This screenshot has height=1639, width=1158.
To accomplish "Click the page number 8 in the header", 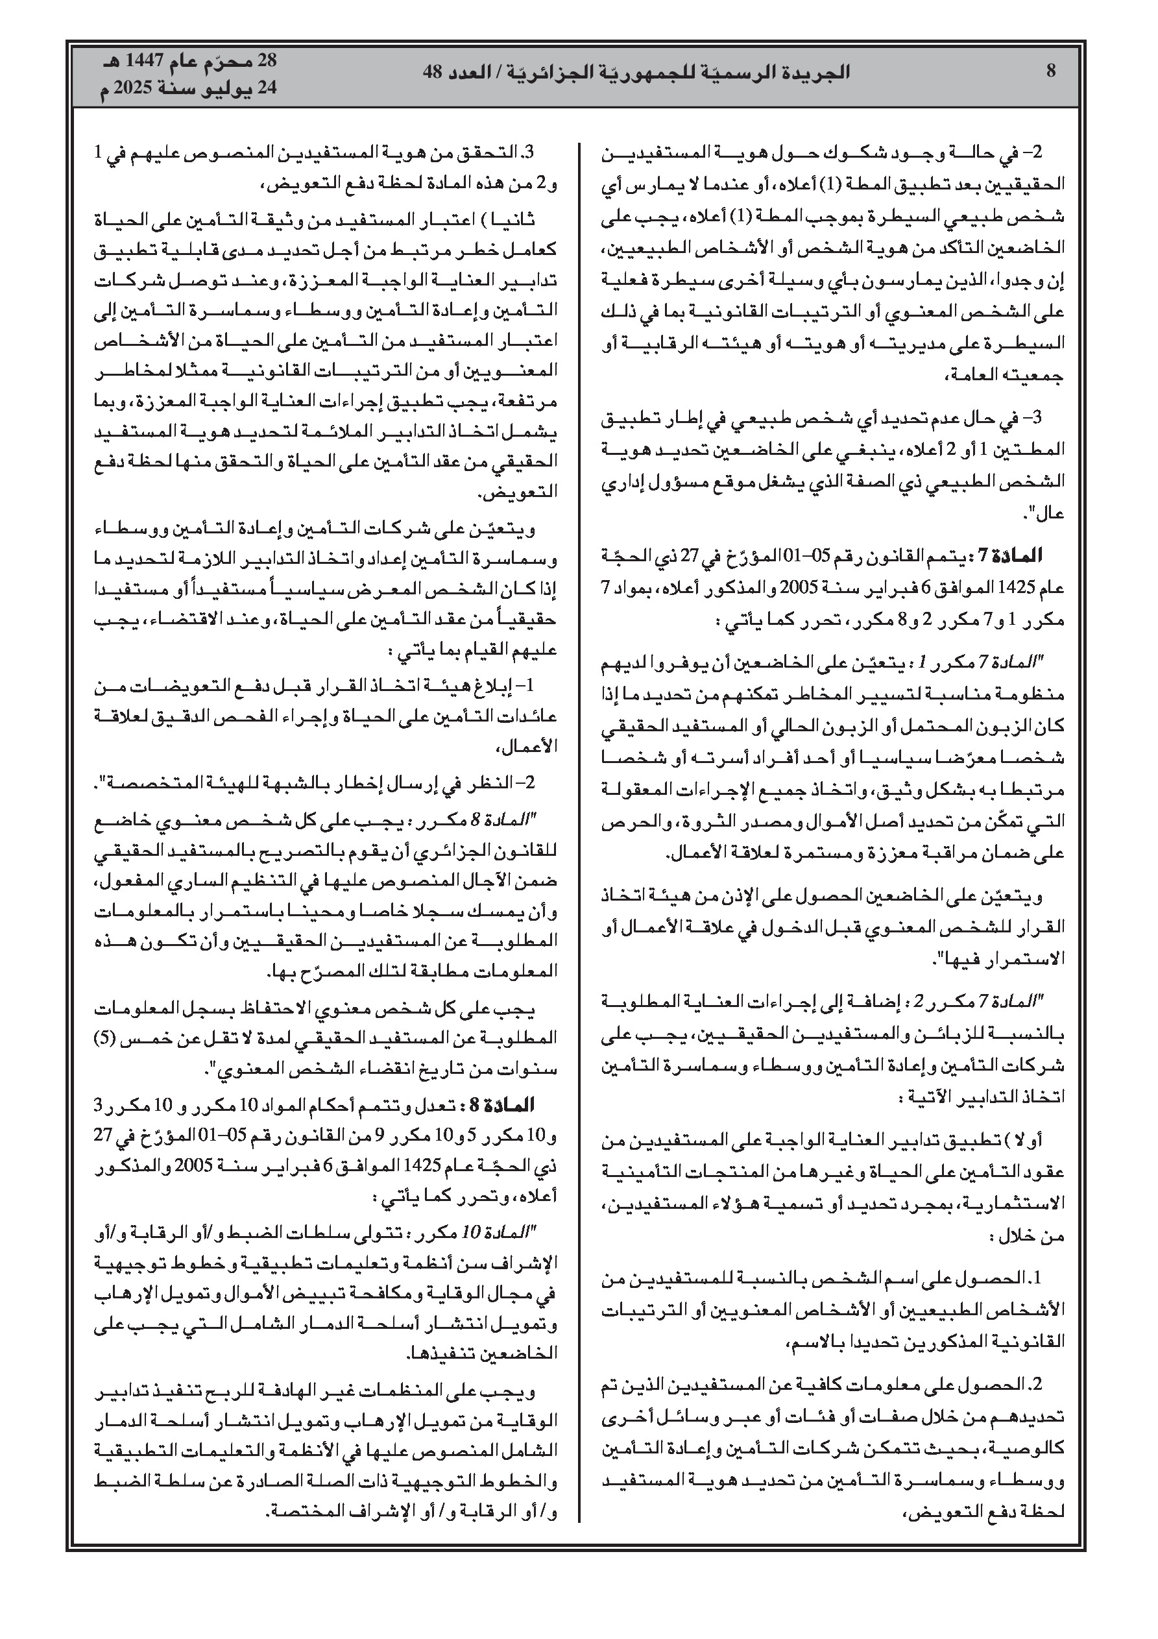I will pyautogui.click(x=1050, y=71).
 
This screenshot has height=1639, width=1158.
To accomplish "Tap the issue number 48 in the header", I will pyautogui.click(x=433, y=71).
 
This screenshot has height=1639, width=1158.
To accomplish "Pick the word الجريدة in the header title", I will pyautogui.click(x=815, y=71).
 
